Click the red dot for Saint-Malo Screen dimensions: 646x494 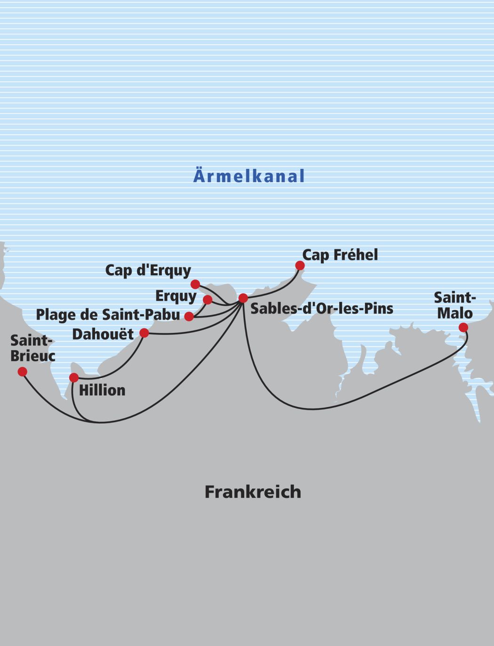tap(463, 327)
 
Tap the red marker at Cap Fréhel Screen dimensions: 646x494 tap(300, 266)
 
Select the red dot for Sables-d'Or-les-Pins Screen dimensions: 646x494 tap(243, 298)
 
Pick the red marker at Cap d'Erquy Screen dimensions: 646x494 tap(195, 284)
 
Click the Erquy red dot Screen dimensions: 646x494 tap(207, 300)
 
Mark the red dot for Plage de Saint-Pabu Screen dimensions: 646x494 tap(189, 316)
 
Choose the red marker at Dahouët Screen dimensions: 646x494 tap(144, 333)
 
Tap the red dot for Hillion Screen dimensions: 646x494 tap(74, 377)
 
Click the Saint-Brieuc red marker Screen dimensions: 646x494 tap(22, 372)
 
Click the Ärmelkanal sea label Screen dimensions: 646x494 tap(249, 176)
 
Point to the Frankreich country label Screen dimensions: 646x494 tap(253, 492)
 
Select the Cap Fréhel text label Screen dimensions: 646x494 tap(340, 255)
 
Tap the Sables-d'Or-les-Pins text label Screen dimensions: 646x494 tap(322, 309)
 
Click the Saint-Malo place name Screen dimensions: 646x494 tap(454, 305)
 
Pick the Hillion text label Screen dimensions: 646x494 tap(102, 390)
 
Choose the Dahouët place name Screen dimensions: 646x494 tap(103, 334)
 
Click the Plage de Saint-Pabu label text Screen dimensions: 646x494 tap(108, 315)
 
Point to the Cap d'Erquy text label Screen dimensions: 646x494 tap(148, 270)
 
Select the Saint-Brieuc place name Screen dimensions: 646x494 tap(32, 348)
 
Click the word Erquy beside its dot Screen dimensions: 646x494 tap(176, 296)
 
